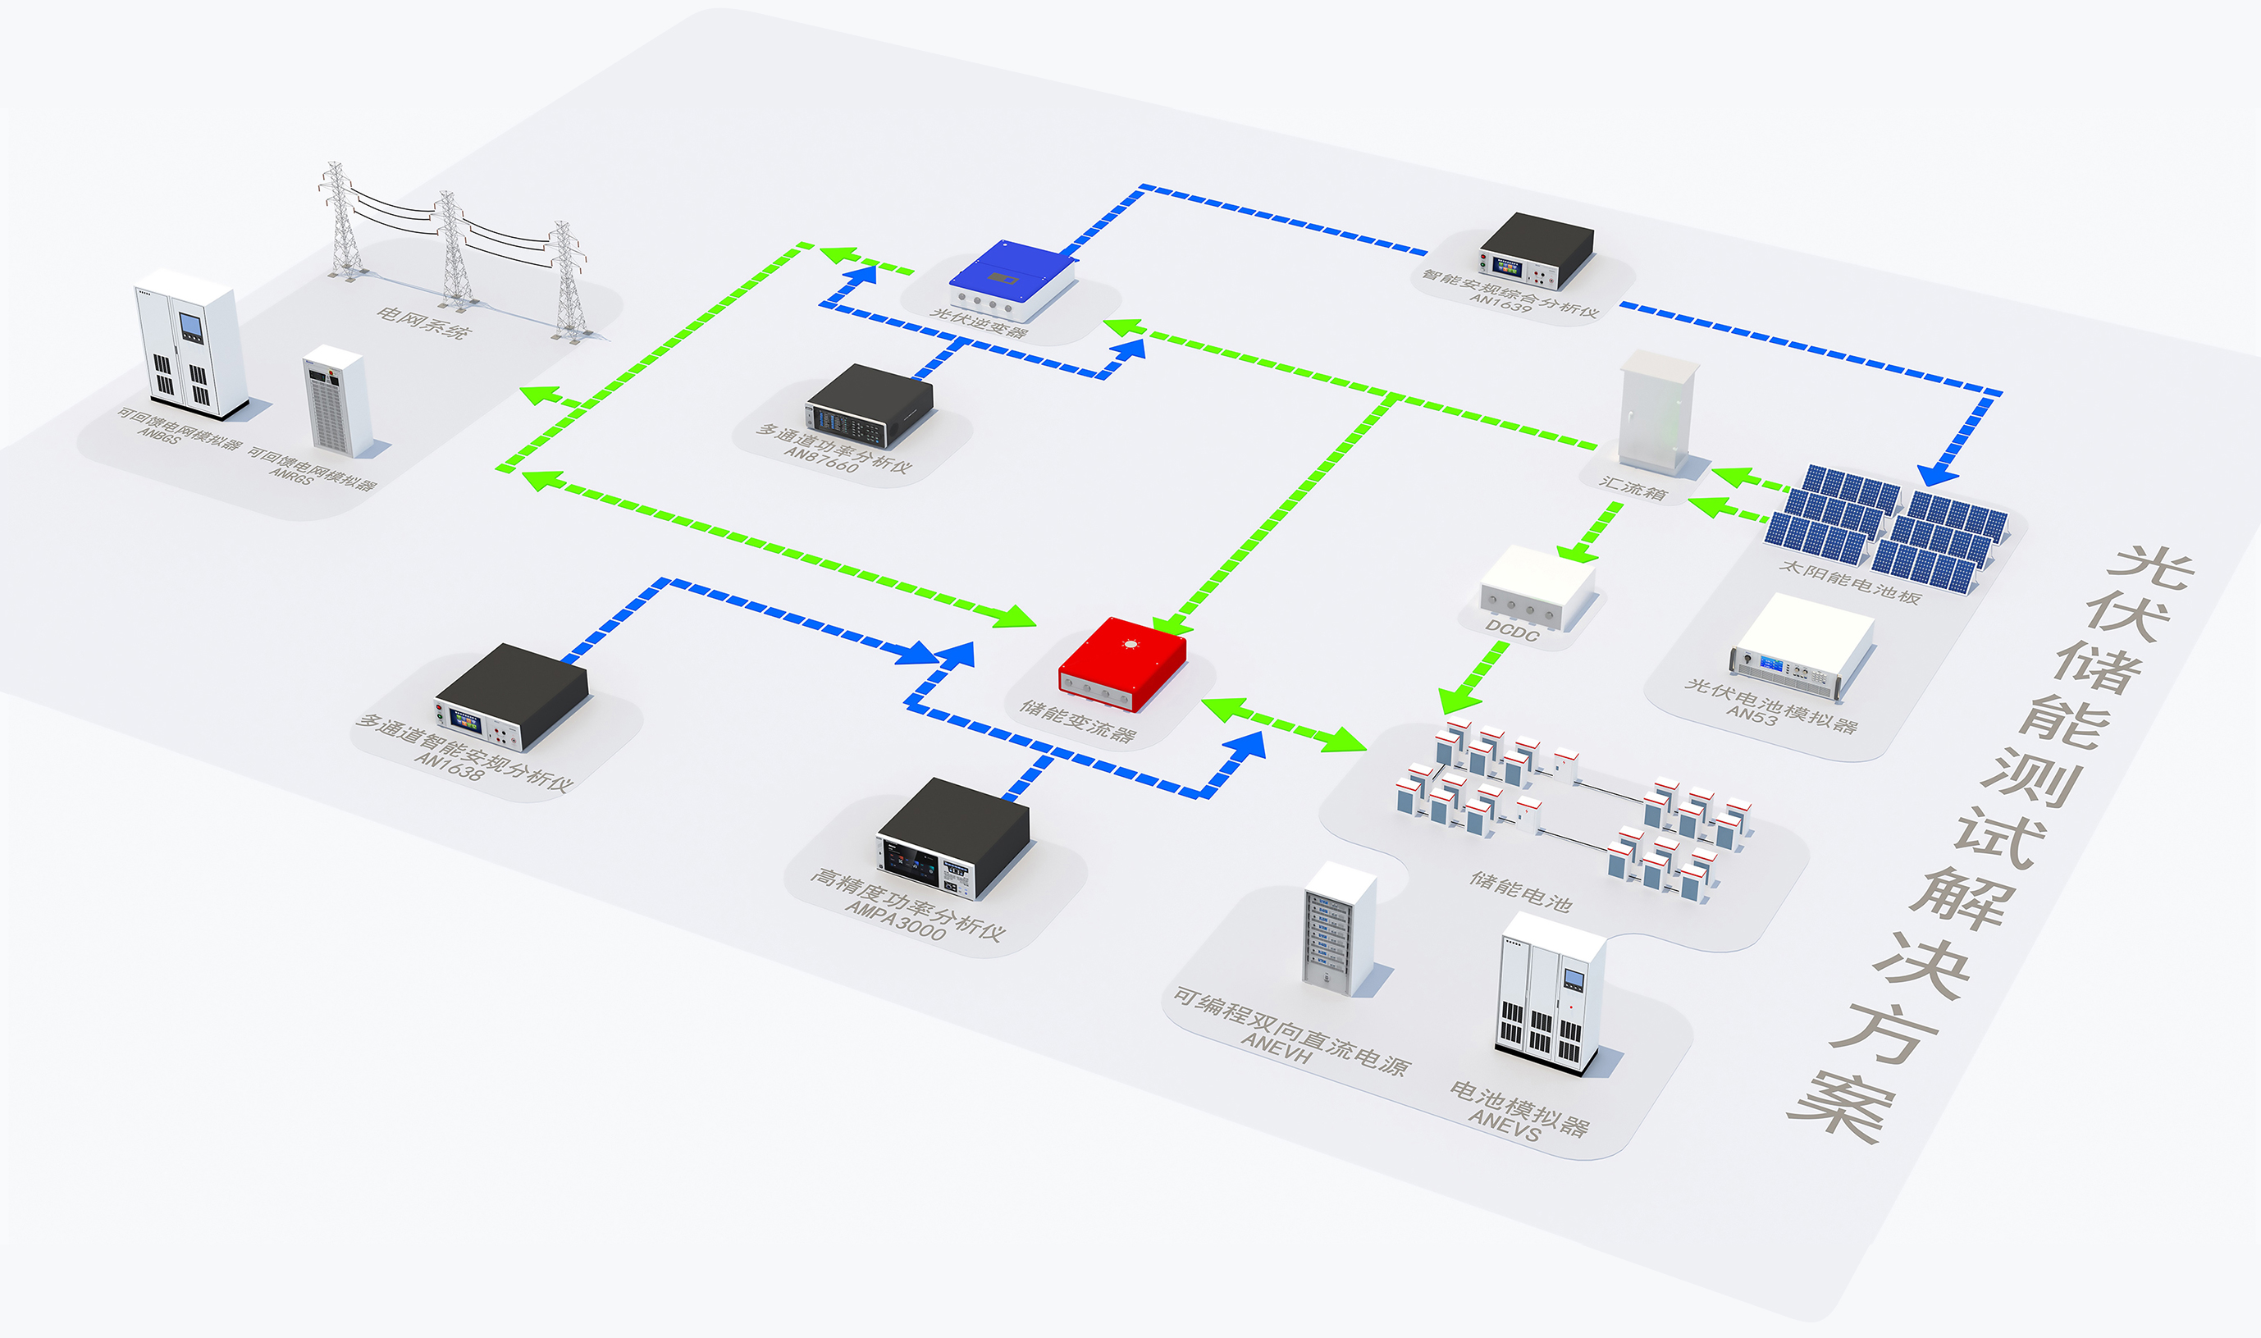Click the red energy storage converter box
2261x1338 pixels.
1121,662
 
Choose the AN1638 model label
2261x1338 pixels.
449,766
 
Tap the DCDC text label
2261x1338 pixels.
1512,630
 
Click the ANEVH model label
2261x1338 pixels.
1276,1047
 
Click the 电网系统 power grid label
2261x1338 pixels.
423,321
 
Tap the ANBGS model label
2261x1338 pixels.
158,435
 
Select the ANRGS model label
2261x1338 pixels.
290,474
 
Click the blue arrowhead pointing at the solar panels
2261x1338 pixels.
1936,473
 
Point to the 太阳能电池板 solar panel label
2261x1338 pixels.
1850,582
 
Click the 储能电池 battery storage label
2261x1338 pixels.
1521,891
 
